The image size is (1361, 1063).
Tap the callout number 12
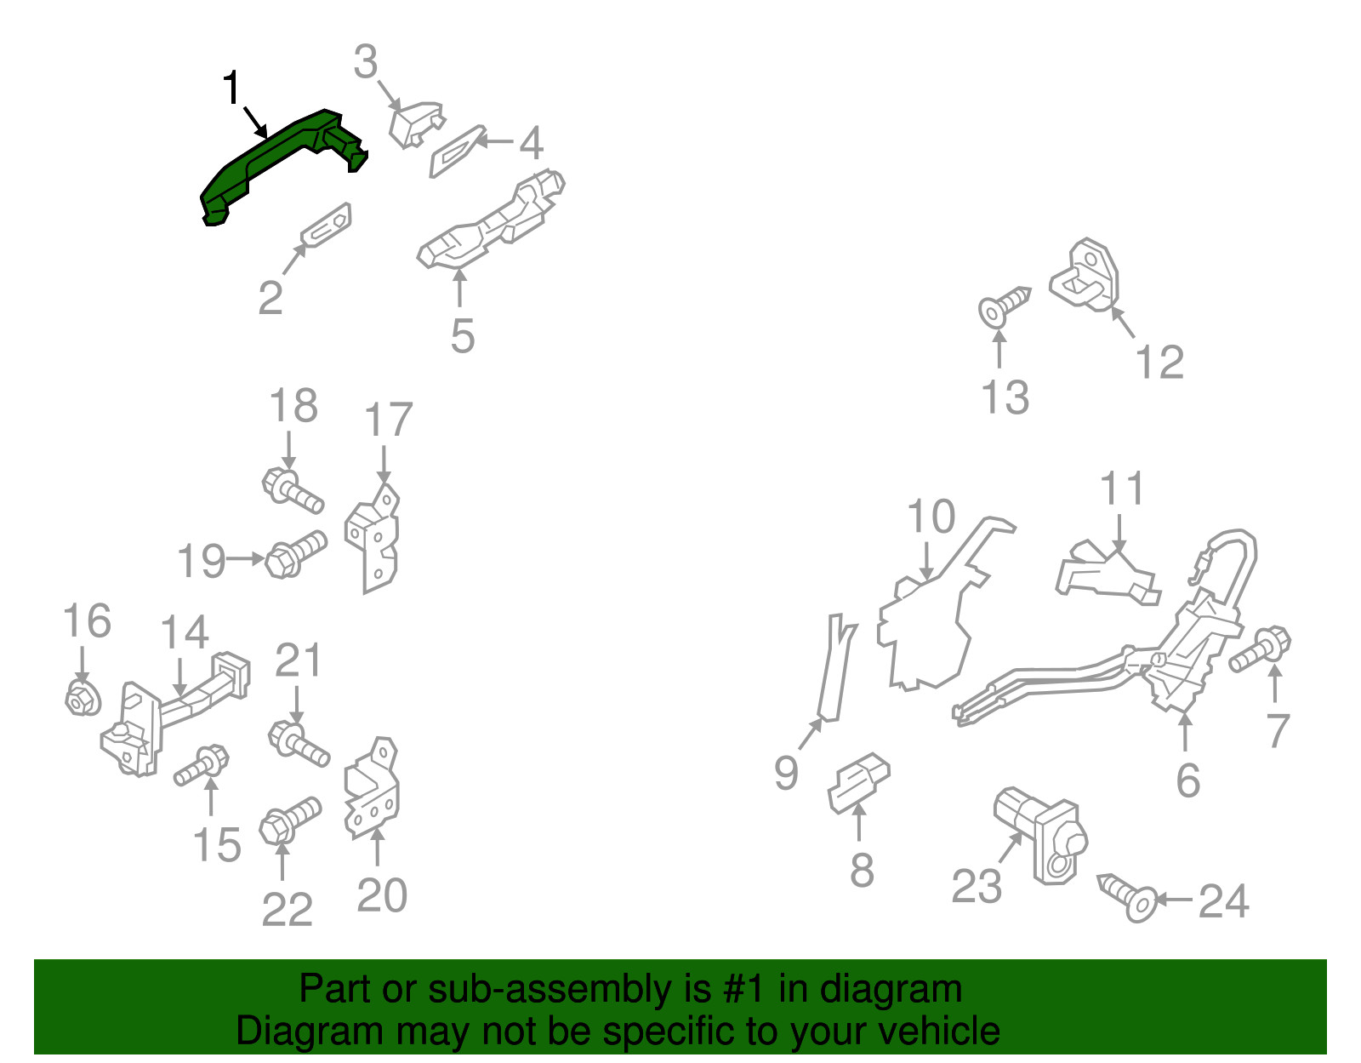1159,362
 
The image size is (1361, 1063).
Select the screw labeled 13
1004,306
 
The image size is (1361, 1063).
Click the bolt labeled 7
1260,649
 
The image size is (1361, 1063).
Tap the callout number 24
1224,900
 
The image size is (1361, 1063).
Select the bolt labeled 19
296,554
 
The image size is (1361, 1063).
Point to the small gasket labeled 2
327,224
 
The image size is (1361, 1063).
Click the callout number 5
463,336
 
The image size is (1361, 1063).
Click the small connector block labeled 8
858,783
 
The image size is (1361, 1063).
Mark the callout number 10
931,517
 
